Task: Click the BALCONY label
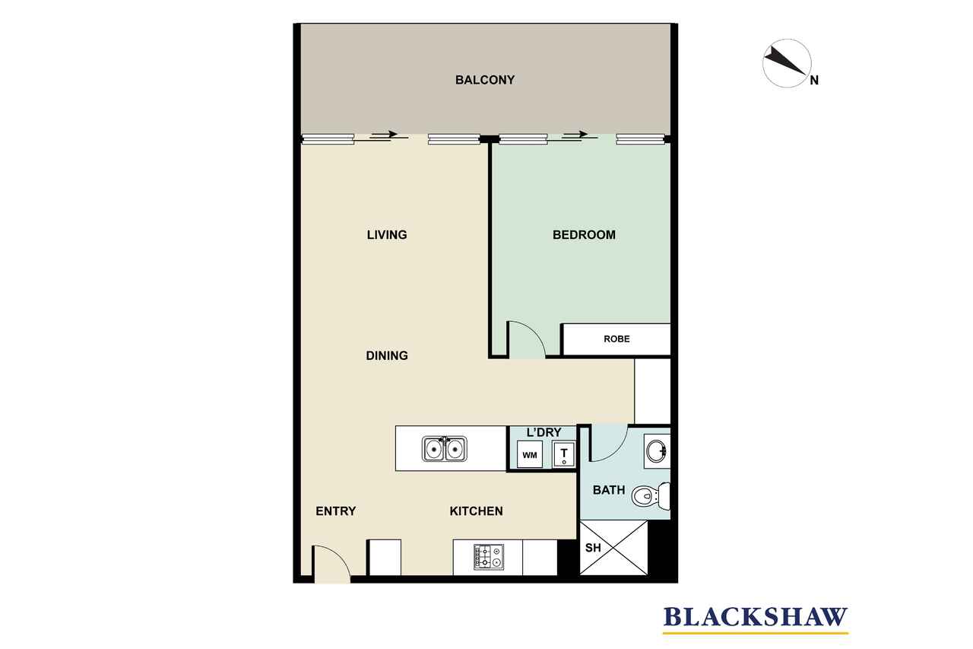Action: tap(485, 80)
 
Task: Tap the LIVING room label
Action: tap(387, 235)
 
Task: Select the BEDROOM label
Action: tap(584, 235)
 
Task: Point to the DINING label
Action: tap(387, 355)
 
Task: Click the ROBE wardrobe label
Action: tap(616, 339)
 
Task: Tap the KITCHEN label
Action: tap(476, 511)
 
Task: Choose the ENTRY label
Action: tap(335, 511)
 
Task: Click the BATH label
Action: tap(609, 490)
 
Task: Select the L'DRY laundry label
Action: tap(544, 432)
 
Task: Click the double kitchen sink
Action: tap(444, 449)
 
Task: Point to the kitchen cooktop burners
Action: tap(489, 557)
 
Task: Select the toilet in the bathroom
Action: tap(651, 496)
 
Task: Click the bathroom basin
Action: tap(656, 451)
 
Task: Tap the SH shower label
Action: tap(593, 547)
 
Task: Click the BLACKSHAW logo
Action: tap(756, 617)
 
